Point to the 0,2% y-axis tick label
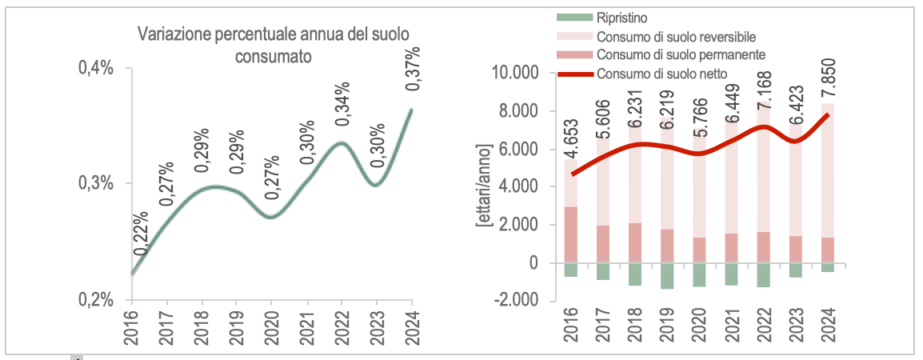pos(95,300)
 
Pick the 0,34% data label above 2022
pos(343,102)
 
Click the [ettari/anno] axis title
pos(483,186)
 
